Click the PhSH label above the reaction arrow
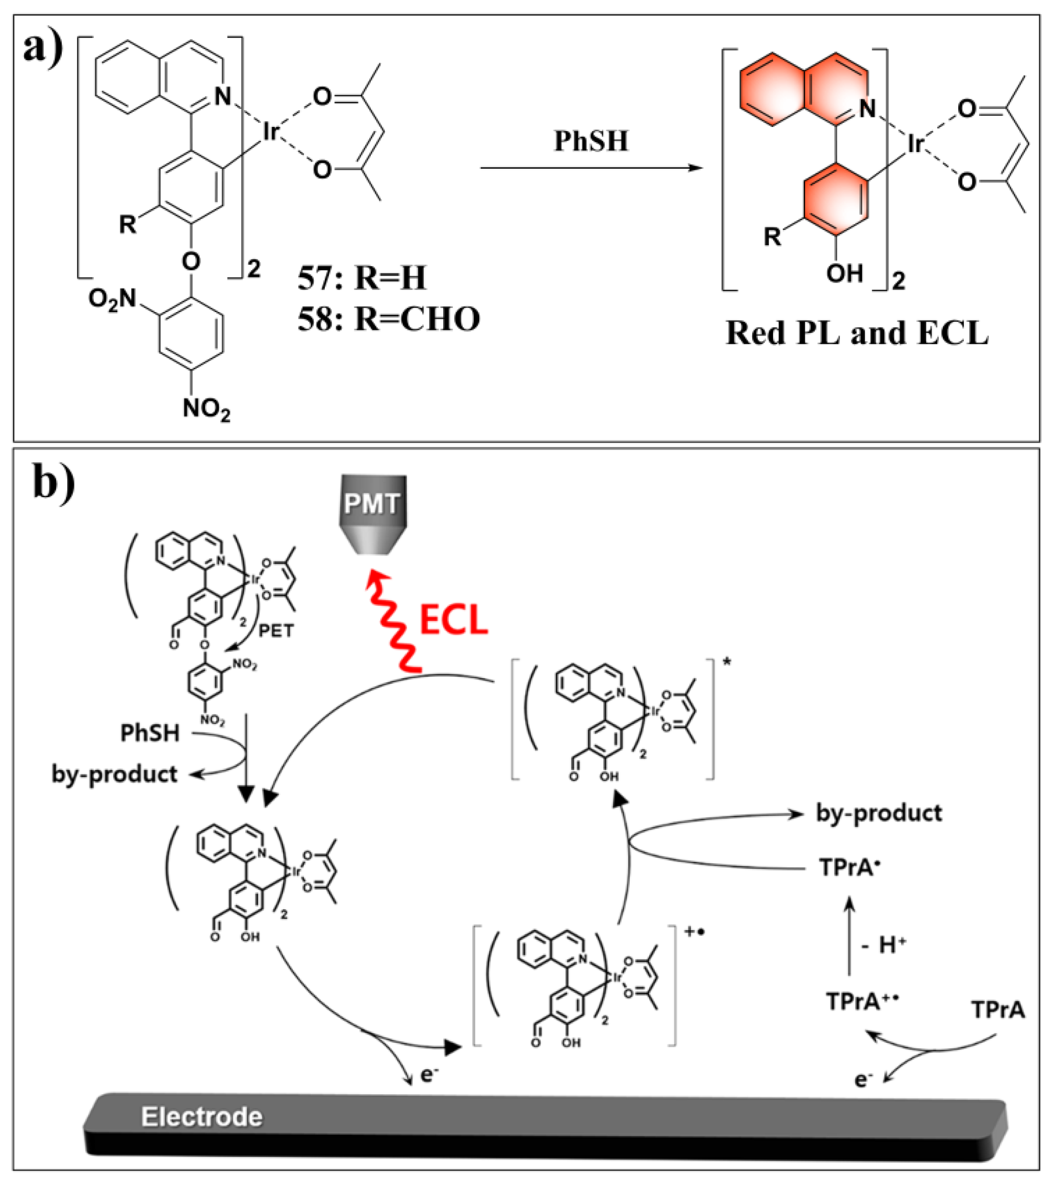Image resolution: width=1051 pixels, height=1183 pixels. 591,141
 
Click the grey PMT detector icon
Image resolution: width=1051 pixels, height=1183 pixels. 373,514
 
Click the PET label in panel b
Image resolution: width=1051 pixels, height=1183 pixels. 275,631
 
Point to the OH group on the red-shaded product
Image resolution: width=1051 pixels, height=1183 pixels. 844,272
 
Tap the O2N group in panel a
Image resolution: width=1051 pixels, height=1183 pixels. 112,299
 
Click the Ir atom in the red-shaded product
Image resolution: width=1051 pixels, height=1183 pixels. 915,143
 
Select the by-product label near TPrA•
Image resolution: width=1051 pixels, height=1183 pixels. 879,813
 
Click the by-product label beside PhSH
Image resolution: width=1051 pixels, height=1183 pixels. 114,774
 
